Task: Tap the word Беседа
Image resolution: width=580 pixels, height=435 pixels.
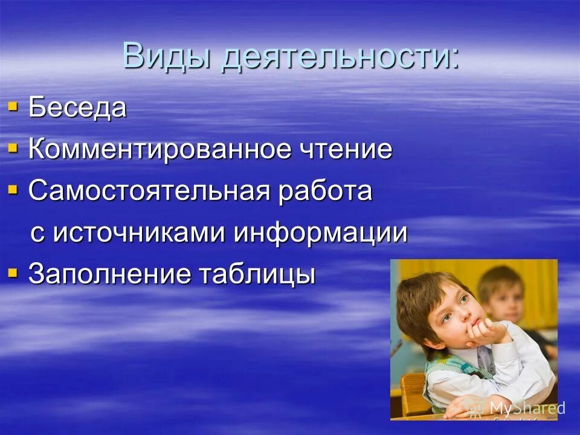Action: (77, 109)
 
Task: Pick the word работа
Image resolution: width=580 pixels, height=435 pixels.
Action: (324, 192)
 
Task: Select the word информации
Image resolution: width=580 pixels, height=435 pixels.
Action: (321, 233)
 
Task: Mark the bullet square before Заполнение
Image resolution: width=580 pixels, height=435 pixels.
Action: (13, 273)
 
